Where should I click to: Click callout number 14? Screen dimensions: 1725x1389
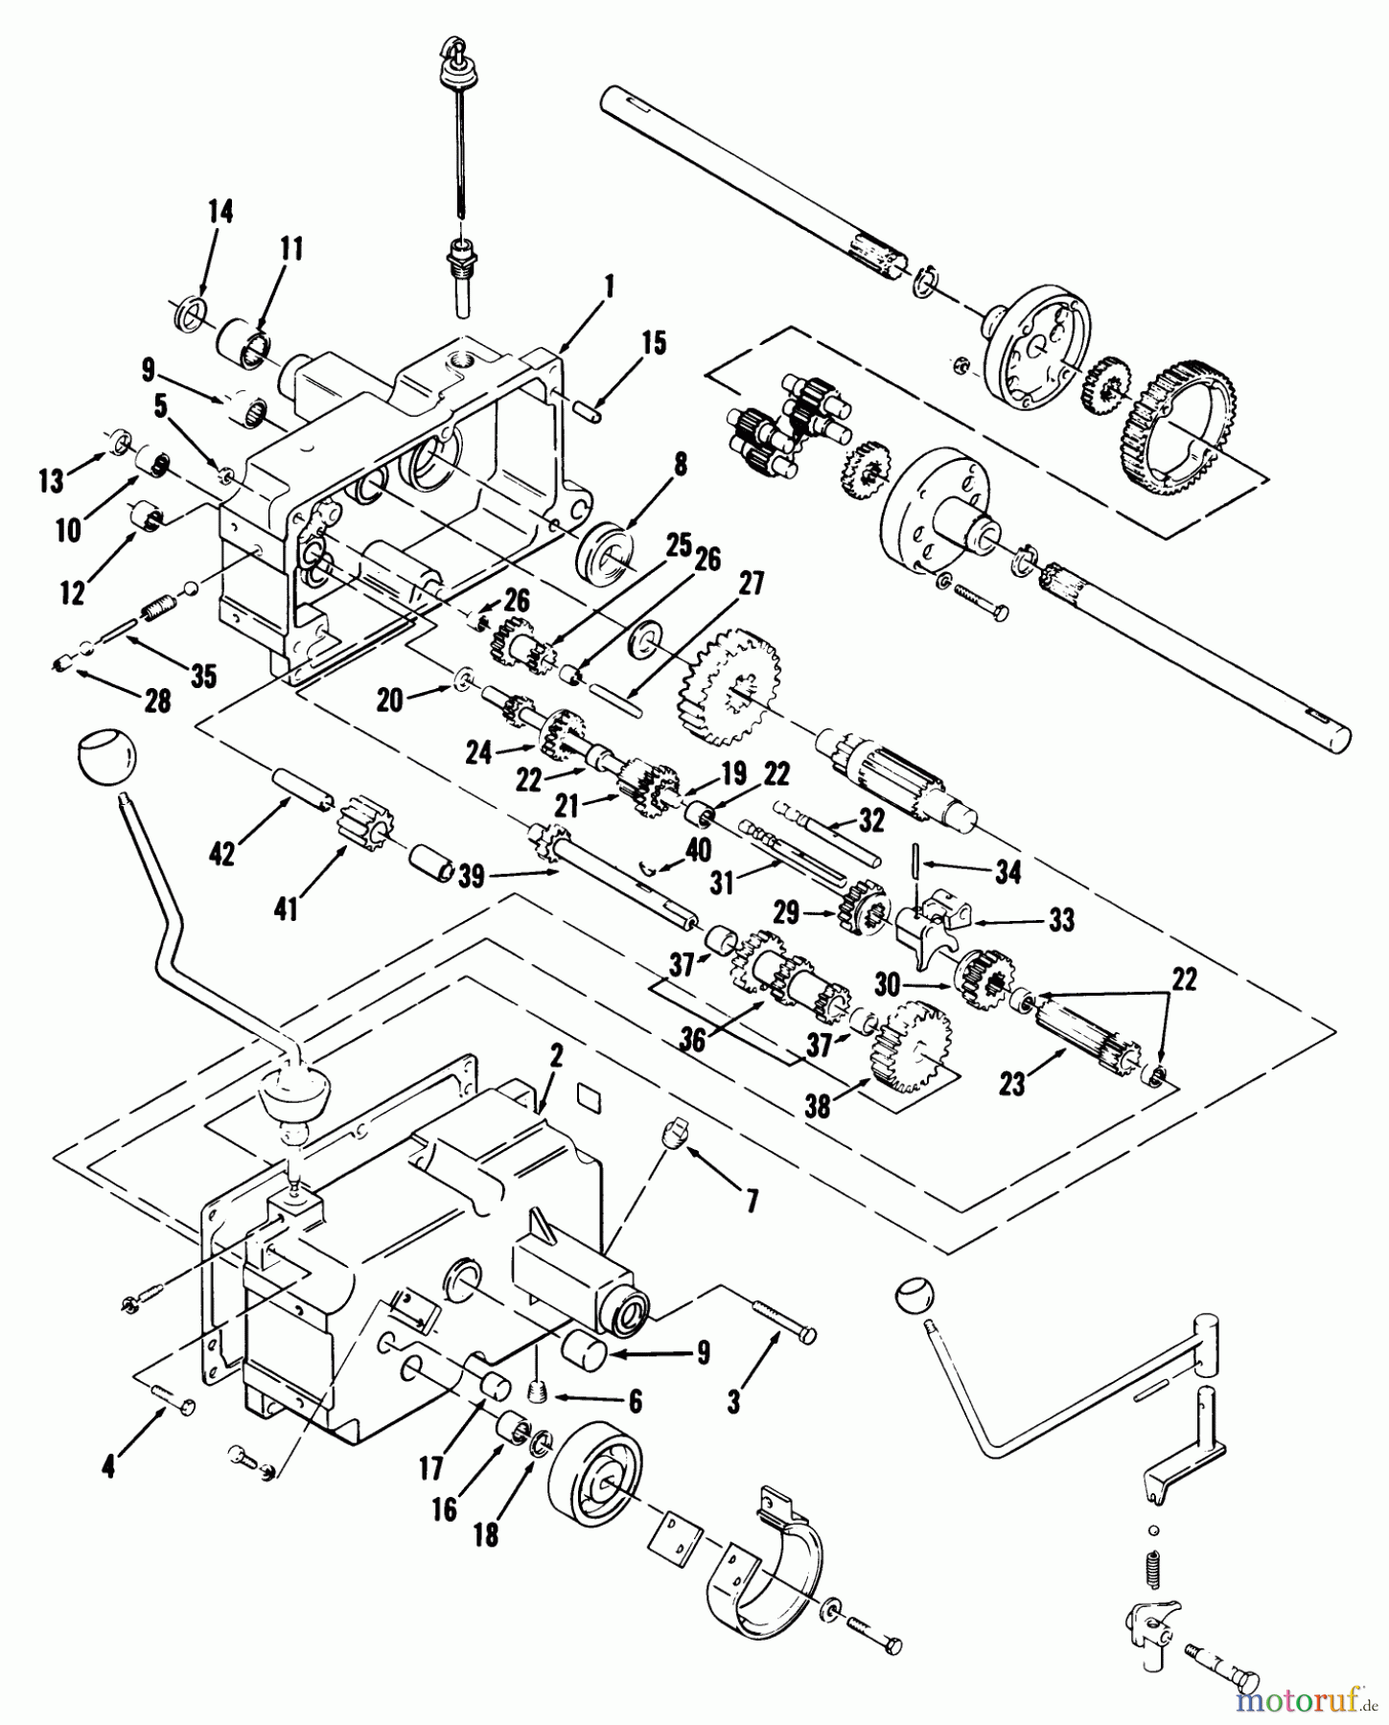click(x=221, y=211)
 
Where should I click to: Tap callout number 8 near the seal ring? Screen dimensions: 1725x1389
click(x=680, y=467)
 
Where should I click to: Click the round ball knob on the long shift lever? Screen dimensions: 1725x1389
click(x=104, y=756)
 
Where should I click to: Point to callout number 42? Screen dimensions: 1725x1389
click(x=222, y=853)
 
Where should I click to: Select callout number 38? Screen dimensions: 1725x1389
click(x=817, y=1107)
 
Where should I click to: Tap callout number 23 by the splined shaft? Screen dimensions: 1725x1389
click(x=1011, y=1083)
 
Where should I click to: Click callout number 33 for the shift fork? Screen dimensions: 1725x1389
click(x=1061, y=919)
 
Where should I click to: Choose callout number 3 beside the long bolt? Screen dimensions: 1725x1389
click(x=733, y=1402)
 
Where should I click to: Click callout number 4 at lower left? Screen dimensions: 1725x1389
click(x=108, y=1466)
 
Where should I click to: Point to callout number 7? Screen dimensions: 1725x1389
click(x=751, y=1200)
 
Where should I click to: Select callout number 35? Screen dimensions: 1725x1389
click(x=202, y=675)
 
